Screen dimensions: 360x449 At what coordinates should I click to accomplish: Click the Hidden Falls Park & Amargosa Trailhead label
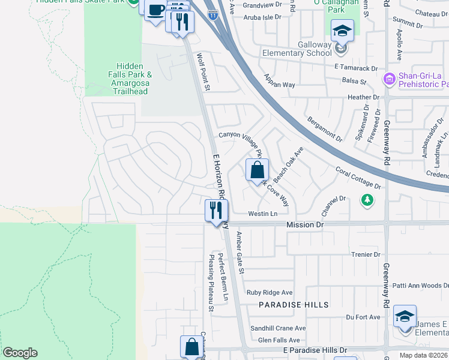tap(130, 79)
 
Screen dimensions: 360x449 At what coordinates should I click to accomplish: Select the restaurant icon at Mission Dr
tap(216, 211)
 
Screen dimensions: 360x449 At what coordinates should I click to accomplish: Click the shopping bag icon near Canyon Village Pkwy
tap(257, 170)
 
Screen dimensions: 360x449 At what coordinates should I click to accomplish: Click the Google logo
tap(20, 353)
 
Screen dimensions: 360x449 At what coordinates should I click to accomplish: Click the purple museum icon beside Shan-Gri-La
tap(389, 79)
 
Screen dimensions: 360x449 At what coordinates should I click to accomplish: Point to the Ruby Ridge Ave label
tap(270, 293)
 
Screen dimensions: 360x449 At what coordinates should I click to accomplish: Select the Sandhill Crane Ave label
tap(278, 328)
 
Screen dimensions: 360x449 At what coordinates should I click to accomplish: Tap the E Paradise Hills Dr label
tap(315, 350)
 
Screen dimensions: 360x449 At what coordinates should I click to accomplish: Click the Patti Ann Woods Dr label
tap(418, 286)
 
